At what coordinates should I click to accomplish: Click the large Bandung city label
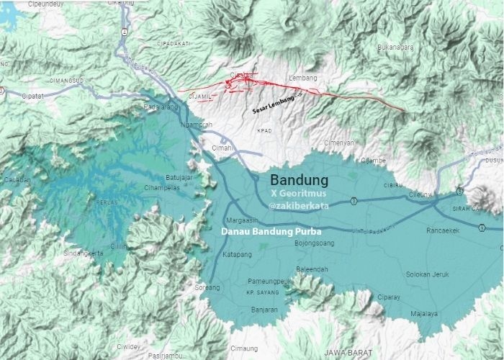coord(299,179)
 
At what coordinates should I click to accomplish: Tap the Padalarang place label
coord(161,107)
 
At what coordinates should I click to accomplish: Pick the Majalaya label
coord(424,314)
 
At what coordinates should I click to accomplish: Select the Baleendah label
coord(312,269)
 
